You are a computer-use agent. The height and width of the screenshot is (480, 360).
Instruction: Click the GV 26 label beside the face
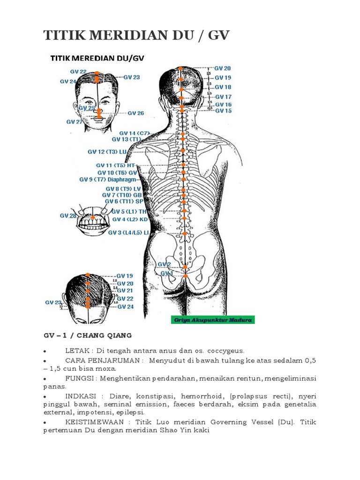point(135,113)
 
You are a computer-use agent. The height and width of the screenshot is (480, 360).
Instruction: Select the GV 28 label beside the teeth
point(67,216)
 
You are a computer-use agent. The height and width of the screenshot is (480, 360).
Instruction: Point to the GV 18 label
point(223,87)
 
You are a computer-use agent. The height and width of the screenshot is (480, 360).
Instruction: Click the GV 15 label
point(223,111)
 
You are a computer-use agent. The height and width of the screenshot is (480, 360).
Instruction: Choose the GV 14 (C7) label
point(134,133)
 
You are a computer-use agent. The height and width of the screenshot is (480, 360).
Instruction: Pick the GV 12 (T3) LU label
point(107,152)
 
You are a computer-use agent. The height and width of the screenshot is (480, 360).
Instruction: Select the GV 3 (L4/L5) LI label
point(128,232)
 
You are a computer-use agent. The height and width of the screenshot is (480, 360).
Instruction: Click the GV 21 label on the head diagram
point(125,291)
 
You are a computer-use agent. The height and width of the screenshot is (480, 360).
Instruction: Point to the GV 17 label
point(223,97)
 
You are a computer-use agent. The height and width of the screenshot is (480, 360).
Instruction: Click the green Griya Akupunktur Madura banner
point(212,320)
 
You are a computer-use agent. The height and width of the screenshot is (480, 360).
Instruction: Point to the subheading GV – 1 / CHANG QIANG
point(88,335)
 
